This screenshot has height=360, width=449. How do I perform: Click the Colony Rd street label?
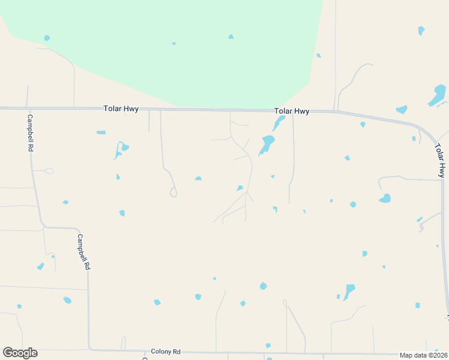coord(166,352)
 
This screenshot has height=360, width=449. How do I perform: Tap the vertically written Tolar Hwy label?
coord(441,160)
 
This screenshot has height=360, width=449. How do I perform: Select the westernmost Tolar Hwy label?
coord(122,109)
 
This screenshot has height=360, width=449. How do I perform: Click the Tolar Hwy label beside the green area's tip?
coord(291,111)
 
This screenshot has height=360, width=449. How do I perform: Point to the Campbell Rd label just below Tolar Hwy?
coord(30,132)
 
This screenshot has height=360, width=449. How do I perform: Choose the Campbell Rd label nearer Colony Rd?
coord(83,251)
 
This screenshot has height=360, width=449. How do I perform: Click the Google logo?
coord(20,353)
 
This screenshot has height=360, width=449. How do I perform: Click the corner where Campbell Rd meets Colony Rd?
coord(90,349)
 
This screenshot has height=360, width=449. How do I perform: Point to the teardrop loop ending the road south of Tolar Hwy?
coord(173,193)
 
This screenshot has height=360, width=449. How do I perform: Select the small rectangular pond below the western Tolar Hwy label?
coord(101,132)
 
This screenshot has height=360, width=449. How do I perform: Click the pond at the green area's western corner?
coord(47,38)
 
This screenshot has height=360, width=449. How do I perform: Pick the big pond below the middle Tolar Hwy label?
coord(267,143)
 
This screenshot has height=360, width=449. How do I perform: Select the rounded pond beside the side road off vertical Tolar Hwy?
coord(385,198)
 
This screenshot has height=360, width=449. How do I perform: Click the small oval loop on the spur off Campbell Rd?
coord(49,171)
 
